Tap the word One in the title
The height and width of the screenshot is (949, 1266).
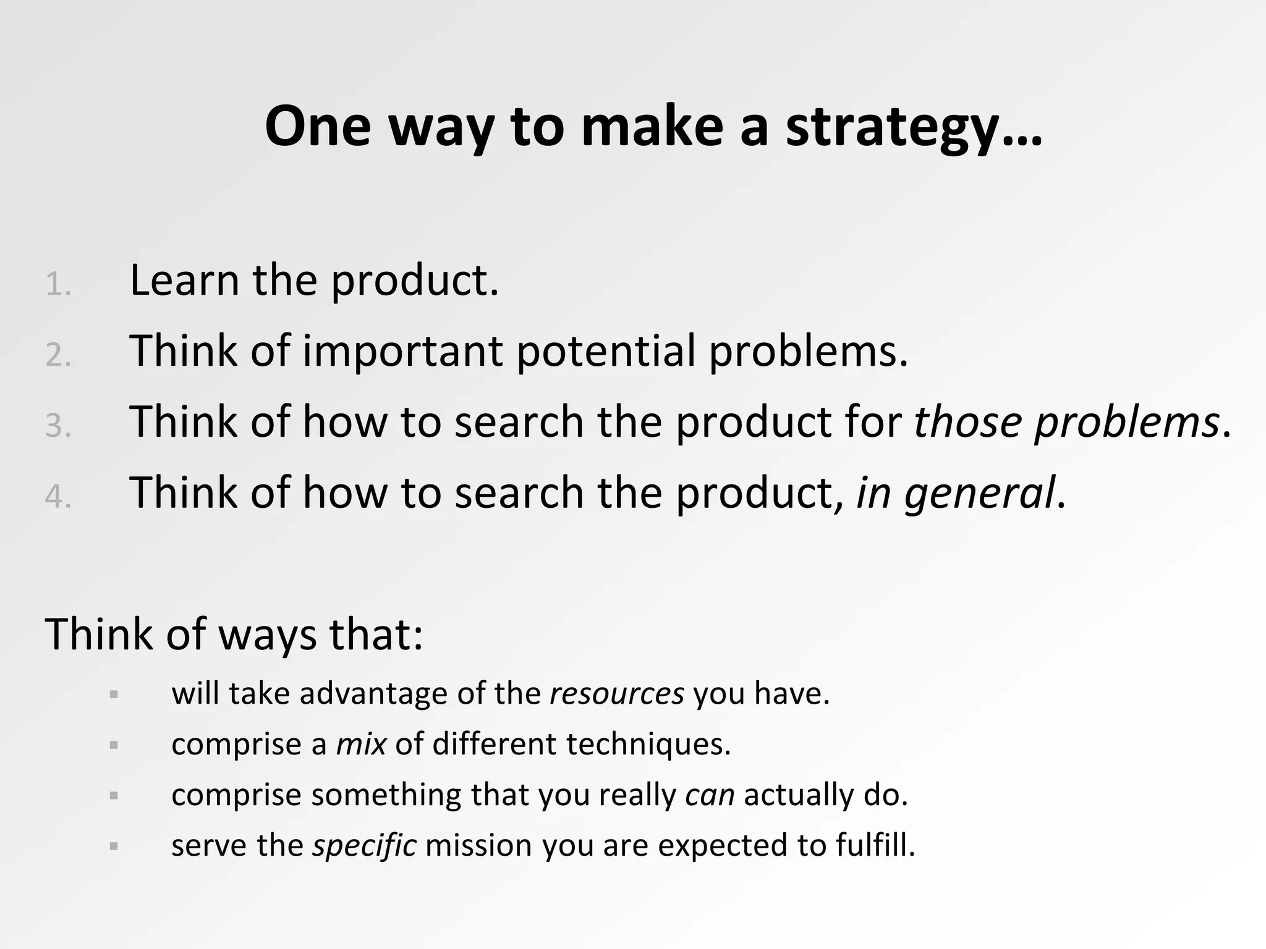[x=318, y=127]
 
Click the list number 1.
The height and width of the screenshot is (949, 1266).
[x=57, y=285]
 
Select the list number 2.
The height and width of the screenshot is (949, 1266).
[x=57, y=355]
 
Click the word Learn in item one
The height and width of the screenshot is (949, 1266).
[x=184, y=280]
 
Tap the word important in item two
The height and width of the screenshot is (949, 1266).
[x=402, y=351]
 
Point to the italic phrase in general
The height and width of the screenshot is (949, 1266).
[x=955, y=493]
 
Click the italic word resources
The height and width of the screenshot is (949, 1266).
[x=616, y=694]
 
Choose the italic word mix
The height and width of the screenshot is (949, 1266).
[x=361, y=744]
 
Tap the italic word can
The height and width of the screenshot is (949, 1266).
[x=710, y=795]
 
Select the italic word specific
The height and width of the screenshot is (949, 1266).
[x=364, y=845]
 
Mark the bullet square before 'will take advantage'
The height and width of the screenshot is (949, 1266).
[x=114, y=694]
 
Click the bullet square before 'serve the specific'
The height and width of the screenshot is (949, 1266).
[x=114, y=846]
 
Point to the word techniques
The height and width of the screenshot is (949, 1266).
[x=648, y=744]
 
